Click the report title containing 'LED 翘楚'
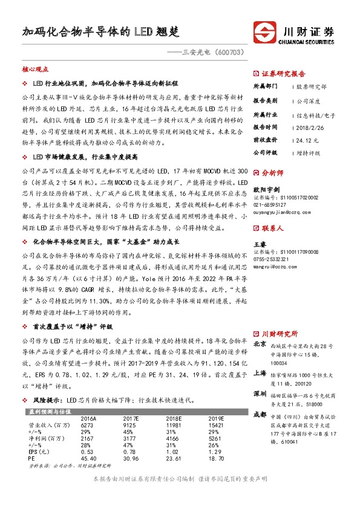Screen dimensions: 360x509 [101, 32]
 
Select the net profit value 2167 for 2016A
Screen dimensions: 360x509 [90, 439]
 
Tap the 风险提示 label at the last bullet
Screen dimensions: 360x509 [47, 400]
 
